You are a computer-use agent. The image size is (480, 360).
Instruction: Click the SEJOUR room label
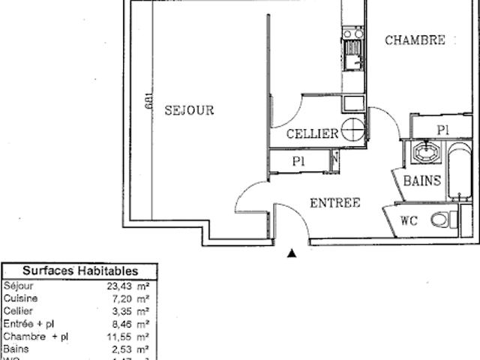189,110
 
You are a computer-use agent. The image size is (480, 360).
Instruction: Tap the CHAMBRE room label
415,40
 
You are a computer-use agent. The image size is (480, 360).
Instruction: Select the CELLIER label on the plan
313,133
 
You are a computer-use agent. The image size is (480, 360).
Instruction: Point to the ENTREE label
335,202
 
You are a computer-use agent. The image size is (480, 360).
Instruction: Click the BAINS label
422,181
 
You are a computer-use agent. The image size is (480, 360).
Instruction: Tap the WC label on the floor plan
409,220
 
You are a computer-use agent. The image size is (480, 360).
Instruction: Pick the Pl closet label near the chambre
443,129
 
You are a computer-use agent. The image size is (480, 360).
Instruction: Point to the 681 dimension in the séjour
150,103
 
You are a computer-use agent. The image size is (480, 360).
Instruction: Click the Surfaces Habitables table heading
79,271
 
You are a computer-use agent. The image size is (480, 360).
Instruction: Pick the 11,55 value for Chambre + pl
123,336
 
